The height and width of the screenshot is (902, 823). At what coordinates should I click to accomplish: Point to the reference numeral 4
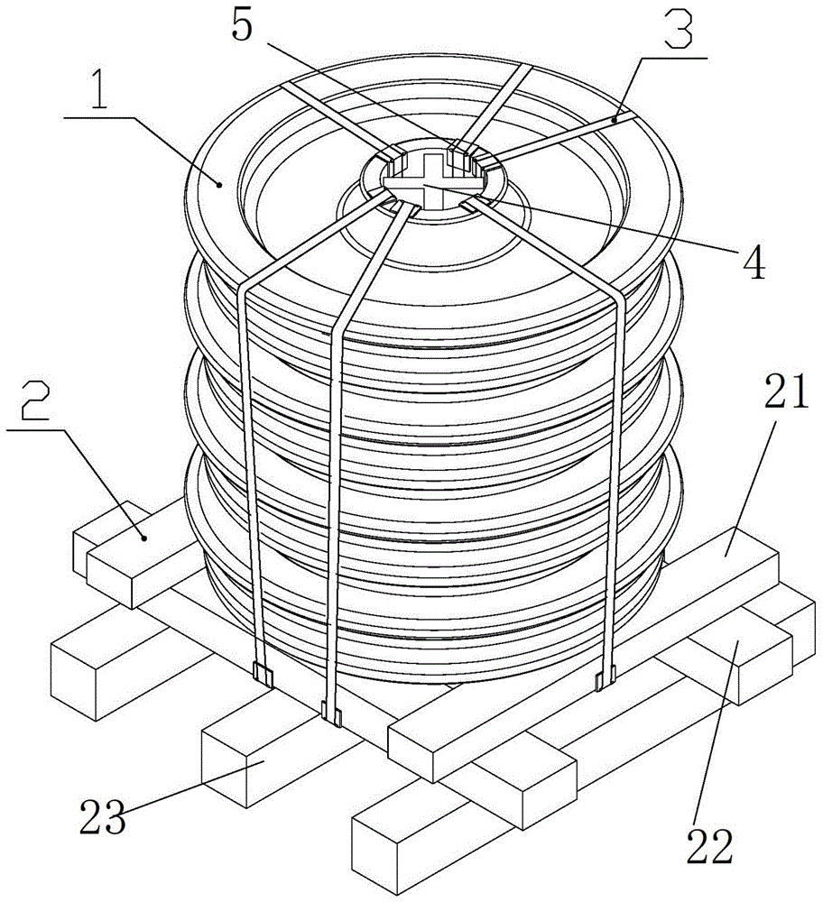tap(753, 261)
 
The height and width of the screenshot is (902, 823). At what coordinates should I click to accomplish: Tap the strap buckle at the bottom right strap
tap(604, 676)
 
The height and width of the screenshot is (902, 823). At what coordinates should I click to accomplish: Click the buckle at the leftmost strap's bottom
tap(263, 673)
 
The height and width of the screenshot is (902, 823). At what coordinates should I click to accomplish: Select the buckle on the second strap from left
tap(331, 715)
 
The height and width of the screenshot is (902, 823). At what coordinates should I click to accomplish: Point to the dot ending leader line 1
tap(220, 183)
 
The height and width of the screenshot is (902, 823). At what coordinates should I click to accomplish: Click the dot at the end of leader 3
tap(614, 119)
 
